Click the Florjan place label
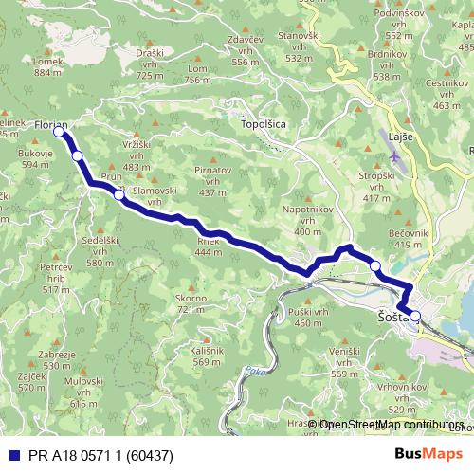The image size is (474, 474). (50, 124)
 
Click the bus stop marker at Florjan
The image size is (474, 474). (60, 133)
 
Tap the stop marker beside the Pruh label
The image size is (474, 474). (118, 195)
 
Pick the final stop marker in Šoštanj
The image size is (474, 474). (415, 315)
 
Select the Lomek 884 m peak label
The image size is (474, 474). (47, 66)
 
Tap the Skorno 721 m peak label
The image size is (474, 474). (191, 304)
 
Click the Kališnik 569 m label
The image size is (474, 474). (207, 355)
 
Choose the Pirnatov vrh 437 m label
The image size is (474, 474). (207, 179)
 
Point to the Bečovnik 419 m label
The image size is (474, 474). (408, 237)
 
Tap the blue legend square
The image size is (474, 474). (9, 453)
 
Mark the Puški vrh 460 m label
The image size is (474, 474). (308, 318)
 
